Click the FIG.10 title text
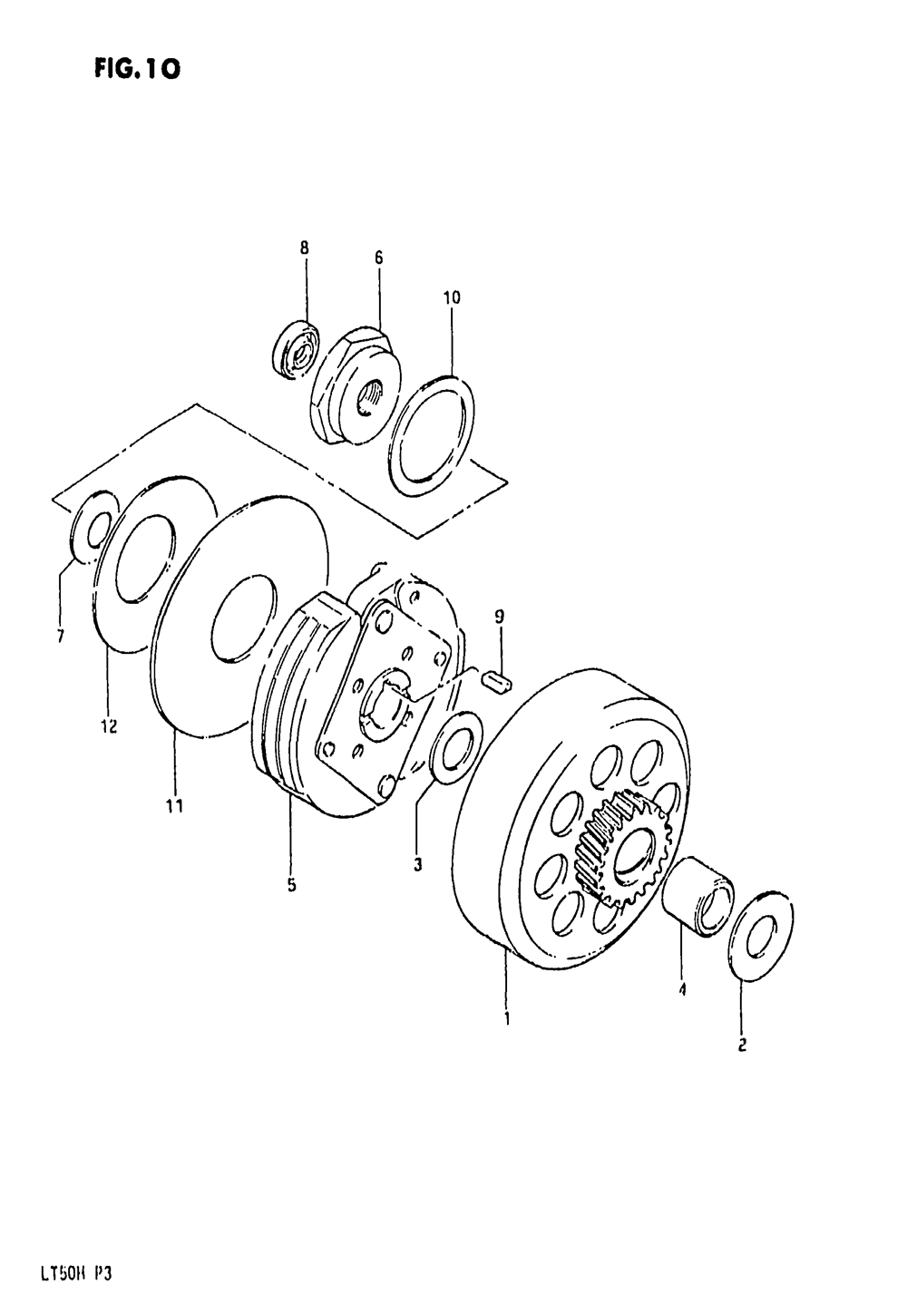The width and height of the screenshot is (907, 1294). (x=135, y=68)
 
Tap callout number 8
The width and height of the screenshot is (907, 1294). (x=305, y=246)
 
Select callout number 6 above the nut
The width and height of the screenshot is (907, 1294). (x=379, y=258)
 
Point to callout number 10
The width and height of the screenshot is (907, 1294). (x=452, y=297)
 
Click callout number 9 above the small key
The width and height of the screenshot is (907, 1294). (x=499, y=617)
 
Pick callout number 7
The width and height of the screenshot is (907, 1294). (x=60, y=637)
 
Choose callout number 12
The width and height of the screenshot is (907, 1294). (x=109, y=726)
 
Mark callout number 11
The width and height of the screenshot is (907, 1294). (x=175, y=806)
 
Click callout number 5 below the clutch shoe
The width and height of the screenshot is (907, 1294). (x=292, y=886)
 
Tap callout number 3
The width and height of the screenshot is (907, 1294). (x=418, y=864)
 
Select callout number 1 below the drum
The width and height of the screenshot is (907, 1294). (x=507, y=1018)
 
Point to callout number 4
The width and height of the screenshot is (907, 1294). (x=680, y=991)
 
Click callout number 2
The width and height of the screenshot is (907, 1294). (x=741, y=1046)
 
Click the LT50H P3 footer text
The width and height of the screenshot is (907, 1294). (x=75, y=1271)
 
